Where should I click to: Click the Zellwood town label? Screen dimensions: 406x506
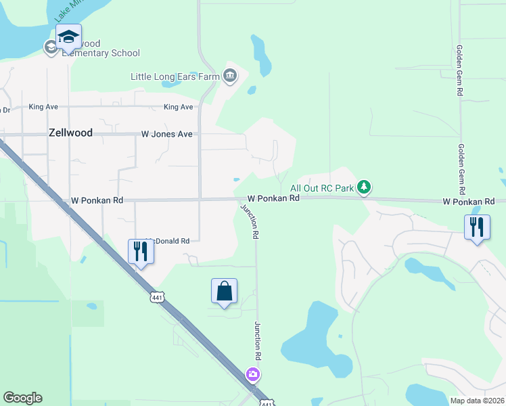[70, 133]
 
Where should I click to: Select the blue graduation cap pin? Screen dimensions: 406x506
[68, 37]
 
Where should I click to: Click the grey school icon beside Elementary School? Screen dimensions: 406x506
[51, 47]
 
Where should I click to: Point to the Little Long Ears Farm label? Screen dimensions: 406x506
[176, 76]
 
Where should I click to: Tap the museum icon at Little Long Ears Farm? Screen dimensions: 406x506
[230, 75]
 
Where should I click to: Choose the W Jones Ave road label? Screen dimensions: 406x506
[167, 134]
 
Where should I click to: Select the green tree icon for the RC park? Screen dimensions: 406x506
[364, 187]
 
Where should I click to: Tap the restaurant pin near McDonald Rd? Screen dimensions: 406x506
[141, 251]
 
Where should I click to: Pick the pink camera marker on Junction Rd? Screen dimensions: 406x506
[252, 374]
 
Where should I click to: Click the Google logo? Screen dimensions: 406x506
[22, 398]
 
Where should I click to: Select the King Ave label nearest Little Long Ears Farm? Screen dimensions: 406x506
[179, 107]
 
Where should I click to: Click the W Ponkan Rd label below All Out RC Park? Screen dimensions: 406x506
[273, 198]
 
